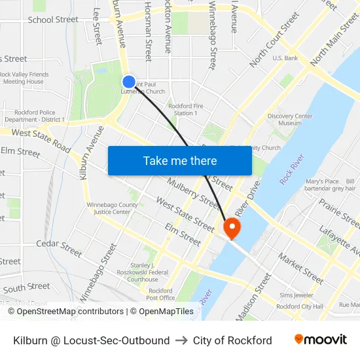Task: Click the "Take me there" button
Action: (180, 160)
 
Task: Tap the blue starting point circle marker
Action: (129, 82)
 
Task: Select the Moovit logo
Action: (320, 340)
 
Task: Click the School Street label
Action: (53, 20)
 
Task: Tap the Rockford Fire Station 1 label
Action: (183, 109)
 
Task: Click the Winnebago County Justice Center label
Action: (112, 208)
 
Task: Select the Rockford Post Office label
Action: (161, 294)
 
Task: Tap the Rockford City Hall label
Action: (300, 306)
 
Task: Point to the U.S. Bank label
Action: (285, 58)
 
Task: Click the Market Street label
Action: (301, 268)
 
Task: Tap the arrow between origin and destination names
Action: (181, 340)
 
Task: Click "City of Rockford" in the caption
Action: (232, 340)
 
